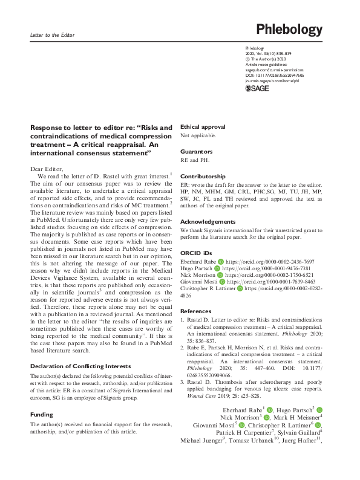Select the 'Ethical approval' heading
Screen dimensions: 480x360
pos(203,127)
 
